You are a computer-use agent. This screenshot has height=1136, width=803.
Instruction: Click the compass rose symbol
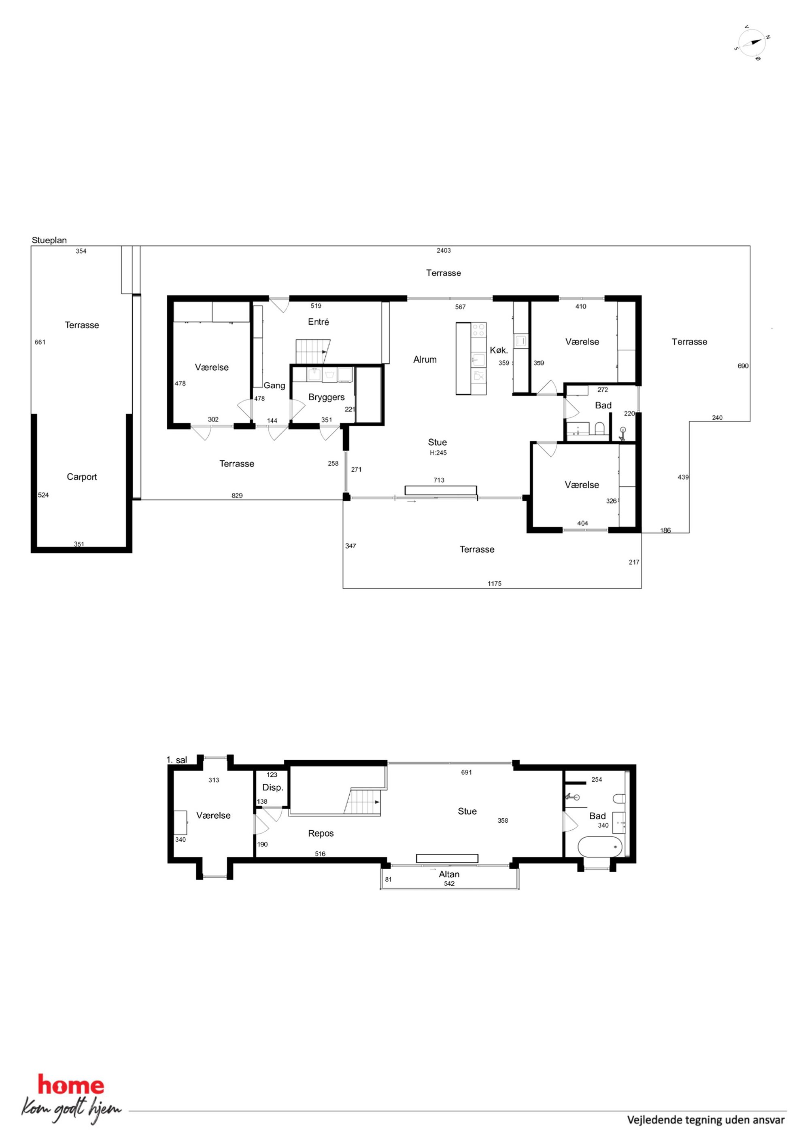[752, 43]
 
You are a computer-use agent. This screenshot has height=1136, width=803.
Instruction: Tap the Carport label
[82, 477]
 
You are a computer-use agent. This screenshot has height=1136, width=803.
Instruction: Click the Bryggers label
[326, 397]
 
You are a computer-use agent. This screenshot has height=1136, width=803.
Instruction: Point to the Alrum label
[425, 360]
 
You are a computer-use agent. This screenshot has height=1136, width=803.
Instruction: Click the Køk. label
[499, 350]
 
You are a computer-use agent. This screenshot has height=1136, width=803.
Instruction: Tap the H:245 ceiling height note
[438, 453]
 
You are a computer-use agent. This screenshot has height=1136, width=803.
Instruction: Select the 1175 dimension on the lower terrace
[494, 584]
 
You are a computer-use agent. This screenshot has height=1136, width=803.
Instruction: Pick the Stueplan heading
[49, 240]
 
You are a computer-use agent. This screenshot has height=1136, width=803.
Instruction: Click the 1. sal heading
[176, 760]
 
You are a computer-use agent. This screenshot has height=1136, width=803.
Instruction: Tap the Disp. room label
[273, 788]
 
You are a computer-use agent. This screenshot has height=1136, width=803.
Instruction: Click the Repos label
[321, 834]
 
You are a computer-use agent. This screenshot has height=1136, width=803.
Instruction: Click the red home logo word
[71, 1085]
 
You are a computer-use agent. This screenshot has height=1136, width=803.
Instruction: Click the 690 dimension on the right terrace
[743, 366]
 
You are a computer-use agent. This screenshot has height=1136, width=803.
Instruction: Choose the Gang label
[274, 385]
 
